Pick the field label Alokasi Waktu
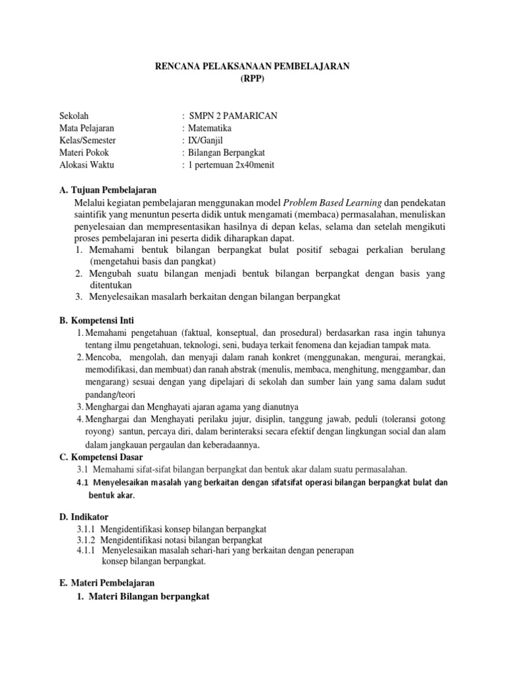(x=85, y=165)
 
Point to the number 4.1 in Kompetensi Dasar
(x=82, y=482)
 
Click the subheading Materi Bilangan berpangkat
(x=147, y=596)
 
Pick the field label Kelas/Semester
(x=88, y=141)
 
